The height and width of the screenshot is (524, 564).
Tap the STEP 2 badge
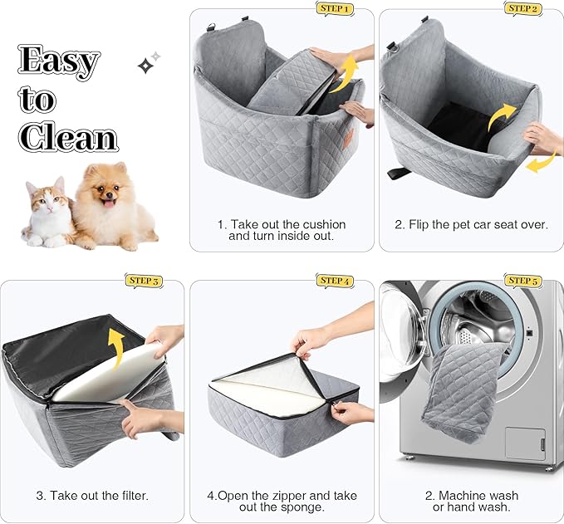point(522,8)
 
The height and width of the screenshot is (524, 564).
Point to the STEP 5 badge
point(524,281)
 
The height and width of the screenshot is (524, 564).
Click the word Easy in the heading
point(59,60)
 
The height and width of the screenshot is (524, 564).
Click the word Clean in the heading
point(68,137)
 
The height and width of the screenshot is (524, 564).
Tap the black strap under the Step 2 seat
point(400,174)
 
